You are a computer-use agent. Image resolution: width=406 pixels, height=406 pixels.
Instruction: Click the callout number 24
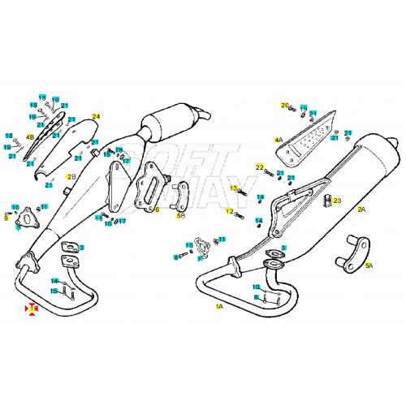pos(95,117)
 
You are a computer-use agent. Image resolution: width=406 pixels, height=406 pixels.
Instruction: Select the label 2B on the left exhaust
pos(71,176)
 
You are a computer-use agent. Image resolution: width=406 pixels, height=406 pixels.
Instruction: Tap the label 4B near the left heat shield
pos(31,137)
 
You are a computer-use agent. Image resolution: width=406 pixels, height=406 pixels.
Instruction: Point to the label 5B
pos(181,217)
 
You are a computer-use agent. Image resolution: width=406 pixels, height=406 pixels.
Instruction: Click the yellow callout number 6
pos(157,209)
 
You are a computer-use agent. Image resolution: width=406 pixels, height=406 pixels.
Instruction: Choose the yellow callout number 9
pos(6,218)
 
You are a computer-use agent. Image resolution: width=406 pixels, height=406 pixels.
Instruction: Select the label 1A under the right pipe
pos(219,308)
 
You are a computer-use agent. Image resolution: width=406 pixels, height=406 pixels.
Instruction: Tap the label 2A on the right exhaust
pos(361,209)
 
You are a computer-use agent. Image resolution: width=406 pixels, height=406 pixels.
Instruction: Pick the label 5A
pos(369,265)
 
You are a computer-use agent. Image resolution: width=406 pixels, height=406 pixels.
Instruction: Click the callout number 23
pos(338,200)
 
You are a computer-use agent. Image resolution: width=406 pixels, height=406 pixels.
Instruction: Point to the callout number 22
pos(261,167)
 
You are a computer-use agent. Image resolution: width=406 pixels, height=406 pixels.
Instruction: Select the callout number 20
pos(285,105)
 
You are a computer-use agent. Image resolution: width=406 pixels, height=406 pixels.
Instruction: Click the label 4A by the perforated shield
pos(279,140)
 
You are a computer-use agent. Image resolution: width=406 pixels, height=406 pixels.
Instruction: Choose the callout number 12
pos(229,212)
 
